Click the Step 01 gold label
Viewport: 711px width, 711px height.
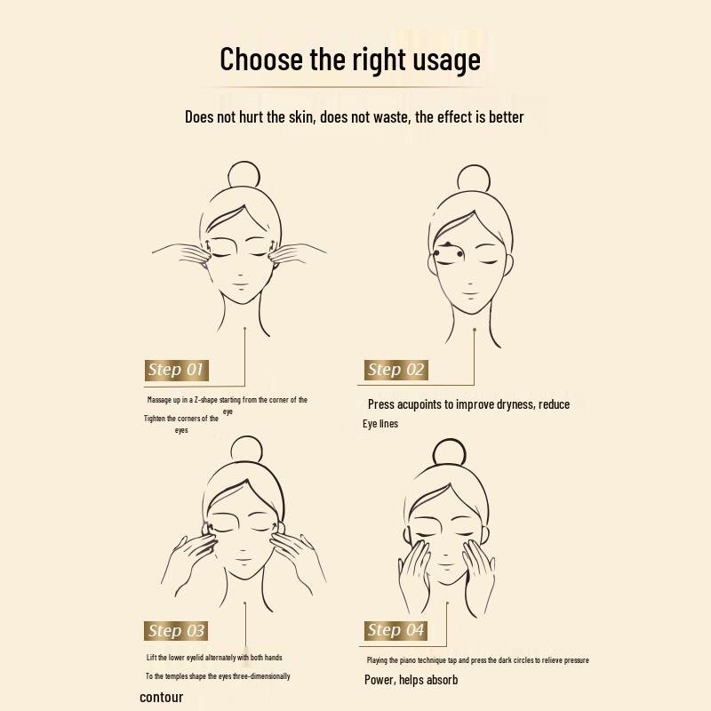[177, 370]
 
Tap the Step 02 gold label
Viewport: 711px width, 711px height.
[396, 370]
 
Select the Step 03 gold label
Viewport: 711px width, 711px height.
[177, 631]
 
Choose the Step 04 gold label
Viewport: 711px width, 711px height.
[396, 630]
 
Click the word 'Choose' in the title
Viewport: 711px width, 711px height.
[263, 60]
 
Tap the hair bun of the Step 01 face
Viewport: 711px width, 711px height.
[243, 174]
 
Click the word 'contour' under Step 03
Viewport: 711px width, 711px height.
[162, 698]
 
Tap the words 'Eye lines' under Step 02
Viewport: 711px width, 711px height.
[380, 424]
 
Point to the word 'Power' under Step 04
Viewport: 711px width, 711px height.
[379, 680]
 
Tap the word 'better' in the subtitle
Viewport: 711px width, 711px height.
[502, 116]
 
